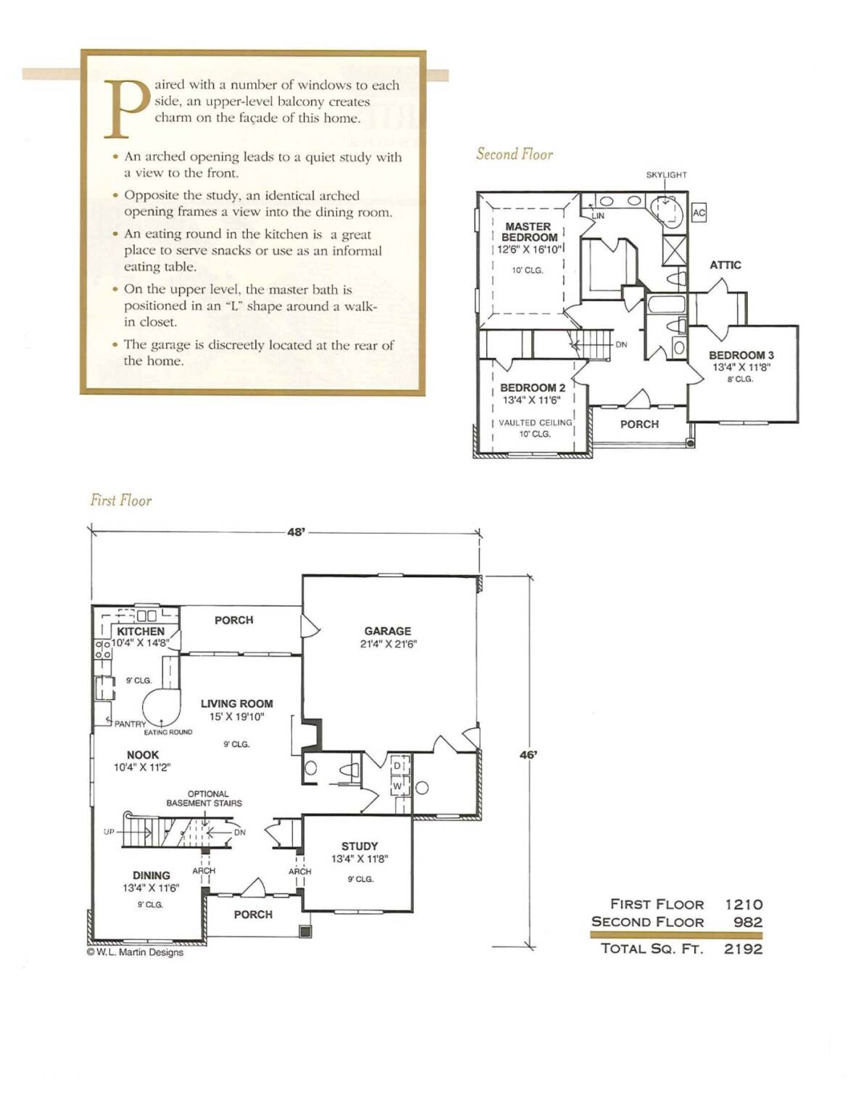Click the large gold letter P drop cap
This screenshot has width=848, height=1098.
coord(126,109)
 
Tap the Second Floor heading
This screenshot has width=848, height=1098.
coord(515,154)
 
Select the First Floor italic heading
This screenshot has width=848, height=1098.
coord(120,500)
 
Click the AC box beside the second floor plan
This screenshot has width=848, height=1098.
coord(699,213)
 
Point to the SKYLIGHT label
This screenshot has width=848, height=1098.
coord(666,175)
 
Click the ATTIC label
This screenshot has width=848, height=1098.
coord(726,265)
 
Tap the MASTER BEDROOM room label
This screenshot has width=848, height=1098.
coord(529,232)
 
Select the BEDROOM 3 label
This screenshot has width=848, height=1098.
coord(741,355)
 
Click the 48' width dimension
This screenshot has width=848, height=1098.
coord(296,532)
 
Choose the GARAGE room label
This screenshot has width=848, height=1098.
coord(388,631)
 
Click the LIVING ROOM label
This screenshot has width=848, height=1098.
coord(237,703)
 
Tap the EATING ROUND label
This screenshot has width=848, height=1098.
coord(168,732)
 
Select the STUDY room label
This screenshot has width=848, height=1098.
coord(359,846)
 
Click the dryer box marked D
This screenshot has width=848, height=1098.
coord(398,766)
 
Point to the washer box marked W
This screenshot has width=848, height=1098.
coord(398,786)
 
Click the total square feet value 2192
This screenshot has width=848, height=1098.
coord(743,949)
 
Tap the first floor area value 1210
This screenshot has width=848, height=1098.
coord(744,904)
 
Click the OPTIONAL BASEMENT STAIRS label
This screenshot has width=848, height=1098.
coord(204,798)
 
